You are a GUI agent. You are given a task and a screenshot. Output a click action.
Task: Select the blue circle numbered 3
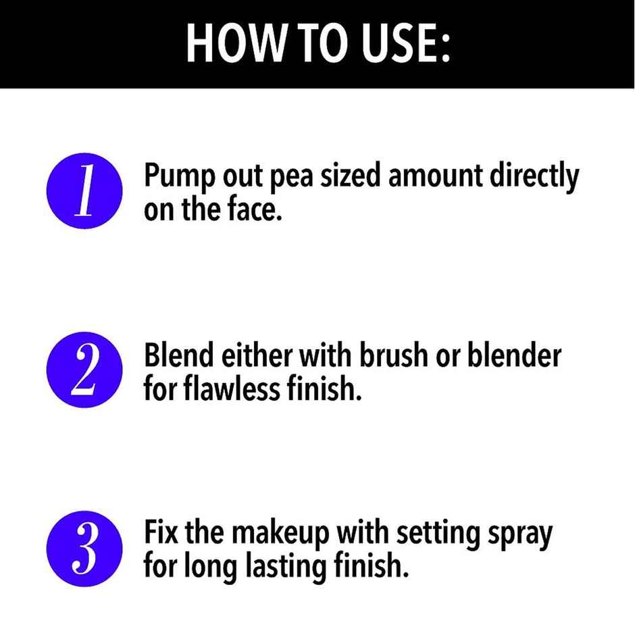tap(84, 548)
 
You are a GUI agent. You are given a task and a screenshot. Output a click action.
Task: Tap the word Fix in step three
tap(161, 534)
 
